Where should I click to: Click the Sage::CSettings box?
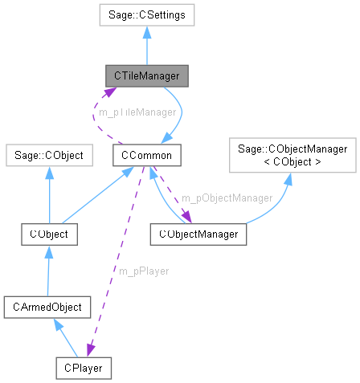145,14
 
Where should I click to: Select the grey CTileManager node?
147,76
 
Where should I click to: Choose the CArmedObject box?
48,307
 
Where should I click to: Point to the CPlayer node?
83,368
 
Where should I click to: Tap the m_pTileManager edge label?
137,112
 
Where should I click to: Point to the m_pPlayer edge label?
143,271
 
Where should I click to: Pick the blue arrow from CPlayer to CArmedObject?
66,337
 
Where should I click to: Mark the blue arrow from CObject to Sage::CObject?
49,194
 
